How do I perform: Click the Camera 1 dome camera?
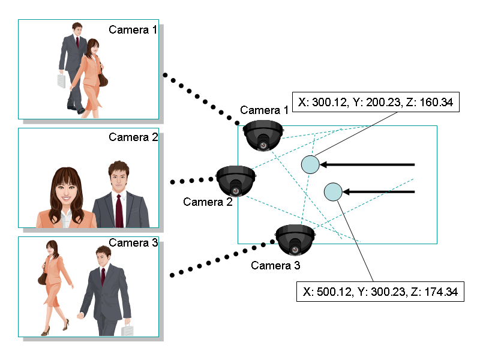coord(263,135)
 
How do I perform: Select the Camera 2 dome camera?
coord(236,181)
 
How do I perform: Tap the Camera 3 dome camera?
coord(295,239)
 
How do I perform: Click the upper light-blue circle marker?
coord(310,164)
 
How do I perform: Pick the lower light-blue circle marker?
coord(332,191)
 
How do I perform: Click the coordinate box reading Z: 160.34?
coord(376,103)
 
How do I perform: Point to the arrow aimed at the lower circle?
coord(379,191)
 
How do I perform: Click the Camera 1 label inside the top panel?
coord(133,30)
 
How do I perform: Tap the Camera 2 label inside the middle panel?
coord(133,137)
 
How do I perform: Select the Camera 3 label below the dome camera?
coord(275,265)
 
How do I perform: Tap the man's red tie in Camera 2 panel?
coord(119,211)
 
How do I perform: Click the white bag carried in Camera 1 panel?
coord(61,81)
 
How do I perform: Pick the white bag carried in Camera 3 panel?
coord(127,330)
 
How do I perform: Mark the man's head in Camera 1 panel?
coord(77,29)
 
